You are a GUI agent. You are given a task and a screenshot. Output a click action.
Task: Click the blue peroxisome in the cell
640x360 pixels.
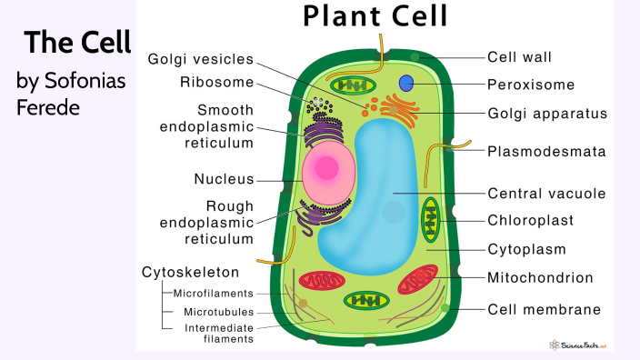(407, 84)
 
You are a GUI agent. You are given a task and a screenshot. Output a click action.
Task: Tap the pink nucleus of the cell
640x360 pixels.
(324, 171)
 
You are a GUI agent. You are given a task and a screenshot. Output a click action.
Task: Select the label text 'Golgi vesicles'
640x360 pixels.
(200, 59)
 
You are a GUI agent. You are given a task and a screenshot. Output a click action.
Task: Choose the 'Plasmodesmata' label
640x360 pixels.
(546, 151)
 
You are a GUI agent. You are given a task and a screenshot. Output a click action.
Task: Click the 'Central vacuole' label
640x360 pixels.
(546, 194)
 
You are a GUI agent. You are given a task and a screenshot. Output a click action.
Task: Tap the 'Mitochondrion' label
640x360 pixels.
(540, 277)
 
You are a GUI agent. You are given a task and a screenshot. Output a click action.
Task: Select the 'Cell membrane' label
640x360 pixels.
(544, 309)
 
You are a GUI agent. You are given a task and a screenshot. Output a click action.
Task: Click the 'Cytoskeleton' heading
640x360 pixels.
(191, 272)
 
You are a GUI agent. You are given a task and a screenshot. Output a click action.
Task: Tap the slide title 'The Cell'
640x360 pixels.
(78, 42)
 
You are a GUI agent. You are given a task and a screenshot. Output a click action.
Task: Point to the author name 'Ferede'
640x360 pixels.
(49, 106)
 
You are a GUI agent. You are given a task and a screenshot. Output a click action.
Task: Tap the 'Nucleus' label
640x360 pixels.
(224, 179)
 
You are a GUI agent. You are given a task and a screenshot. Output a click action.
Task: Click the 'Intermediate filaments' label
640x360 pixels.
(219, 333)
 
